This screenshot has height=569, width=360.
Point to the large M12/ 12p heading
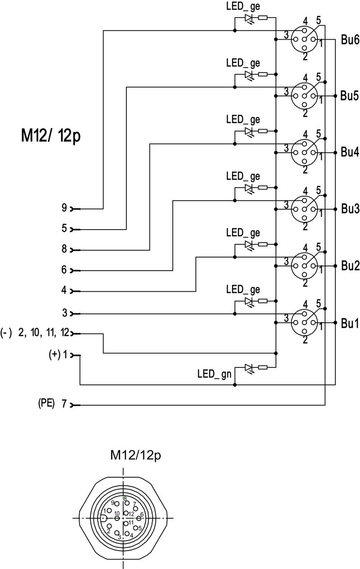(x=50, y=135)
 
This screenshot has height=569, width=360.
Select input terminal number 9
(x=64, y=208)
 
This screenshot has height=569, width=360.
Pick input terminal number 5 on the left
(x=64, y=229)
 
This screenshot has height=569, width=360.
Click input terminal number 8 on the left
(x=64, y=249)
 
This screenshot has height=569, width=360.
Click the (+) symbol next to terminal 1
(x=54, y=354)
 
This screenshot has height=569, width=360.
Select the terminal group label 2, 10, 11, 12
(x=44, y=333)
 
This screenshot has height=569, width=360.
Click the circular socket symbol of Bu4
(x=305, y=152)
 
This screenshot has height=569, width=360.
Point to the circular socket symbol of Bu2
(x=305, y=266)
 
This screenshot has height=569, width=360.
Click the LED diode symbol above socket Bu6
(x=249, y=18)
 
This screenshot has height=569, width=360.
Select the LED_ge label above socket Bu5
(x=243, y=63)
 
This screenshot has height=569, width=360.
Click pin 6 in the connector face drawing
(x=139, y=518)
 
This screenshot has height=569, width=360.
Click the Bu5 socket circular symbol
(x=305, y=95)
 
